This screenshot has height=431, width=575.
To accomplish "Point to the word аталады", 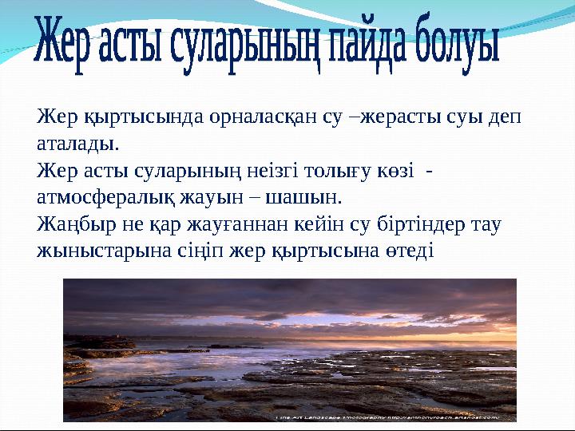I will click(77, 144).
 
